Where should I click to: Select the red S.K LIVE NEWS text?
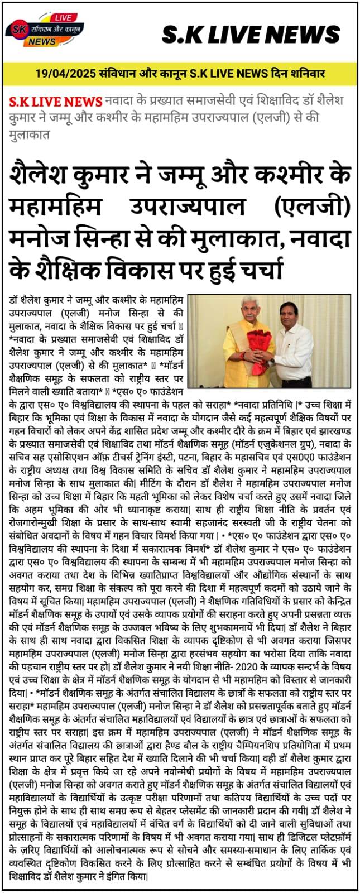pos(56,102)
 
